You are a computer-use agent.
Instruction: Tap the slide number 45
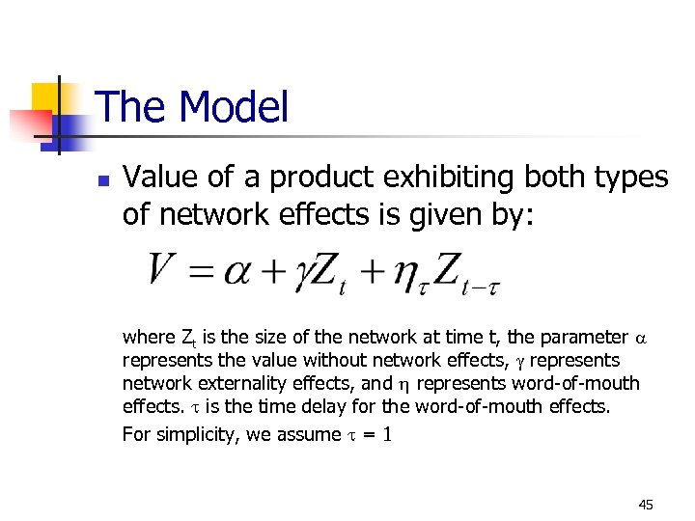(x=646, y=505)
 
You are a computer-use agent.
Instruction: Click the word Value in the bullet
(x=159, y=178)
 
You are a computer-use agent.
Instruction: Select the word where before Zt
(x=149, y=338)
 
